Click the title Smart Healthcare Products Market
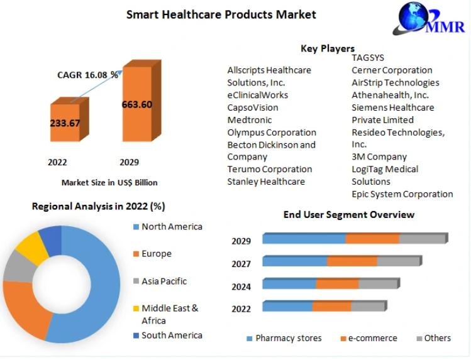pos(221,14)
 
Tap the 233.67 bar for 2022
pos(65,123)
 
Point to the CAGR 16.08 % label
pos(87,75)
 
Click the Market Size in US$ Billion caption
pos(109,182)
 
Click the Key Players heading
pos(327,48)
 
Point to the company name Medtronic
pos(249,120)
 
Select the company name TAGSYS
pos(368,58)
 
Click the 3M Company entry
pos(379,157)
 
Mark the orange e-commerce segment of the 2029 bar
pos(372,239)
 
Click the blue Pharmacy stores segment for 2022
pos(287,307)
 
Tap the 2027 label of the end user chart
pos(241,264)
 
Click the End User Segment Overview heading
pos(348,215)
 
